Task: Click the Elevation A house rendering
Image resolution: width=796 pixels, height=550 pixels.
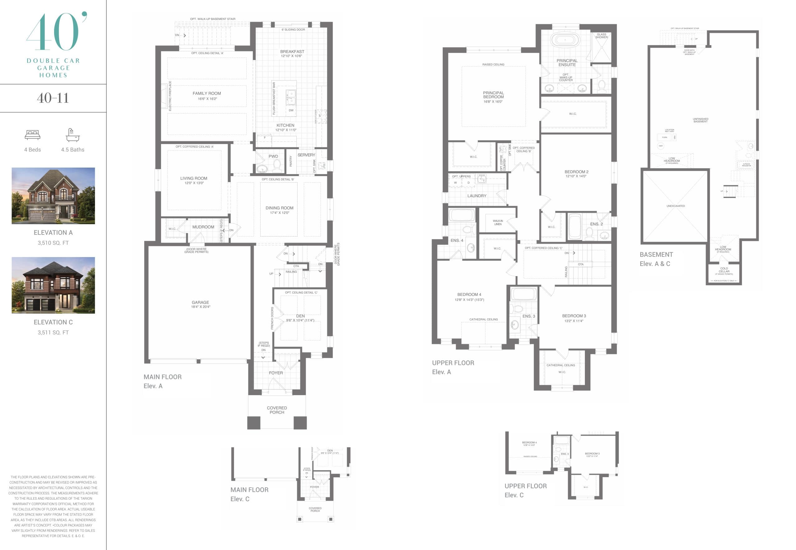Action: [53, 196]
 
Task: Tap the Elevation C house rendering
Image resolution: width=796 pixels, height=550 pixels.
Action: [53, 285]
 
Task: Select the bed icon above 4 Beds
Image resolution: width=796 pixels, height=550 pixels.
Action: [32, 135]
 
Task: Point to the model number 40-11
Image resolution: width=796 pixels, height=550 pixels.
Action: [53, 98]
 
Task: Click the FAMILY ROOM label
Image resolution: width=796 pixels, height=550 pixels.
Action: [207, 93]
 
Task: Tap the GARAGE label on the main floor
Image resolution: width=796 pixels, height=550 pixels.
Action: [200, 302]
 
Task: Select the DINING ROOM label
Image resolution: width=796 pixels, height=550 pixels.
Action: [279, 208]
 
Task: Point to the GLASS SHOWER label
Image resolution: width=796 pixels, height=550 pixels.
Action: [601, 36]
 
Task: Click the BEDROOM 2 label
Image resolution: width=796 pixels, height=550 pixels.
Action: [576, 172]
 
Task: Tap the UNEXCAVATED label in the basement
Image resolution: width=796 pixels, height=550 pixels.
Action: [675, 206]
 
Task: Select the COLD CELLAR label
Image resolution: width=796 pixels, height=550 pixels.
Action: [724, 270]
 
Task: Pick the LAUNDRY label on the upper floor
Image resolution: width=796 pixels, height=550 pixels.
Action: [477, 196]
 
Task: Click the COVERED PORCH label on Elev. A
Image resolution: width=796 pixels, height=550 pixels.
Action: [277, 410]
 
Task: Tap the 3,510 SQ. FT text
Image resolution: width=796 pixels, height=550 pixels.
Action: [53, 243]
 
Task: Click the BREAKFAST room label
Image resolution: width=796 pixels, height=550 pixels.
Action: [292, 52]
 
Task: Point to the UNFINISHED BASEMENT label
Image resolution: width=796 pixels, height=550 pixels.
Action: [700, 120]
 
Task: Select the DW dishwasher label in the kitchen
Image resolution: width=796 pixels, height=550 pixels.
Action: [291, 110]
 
